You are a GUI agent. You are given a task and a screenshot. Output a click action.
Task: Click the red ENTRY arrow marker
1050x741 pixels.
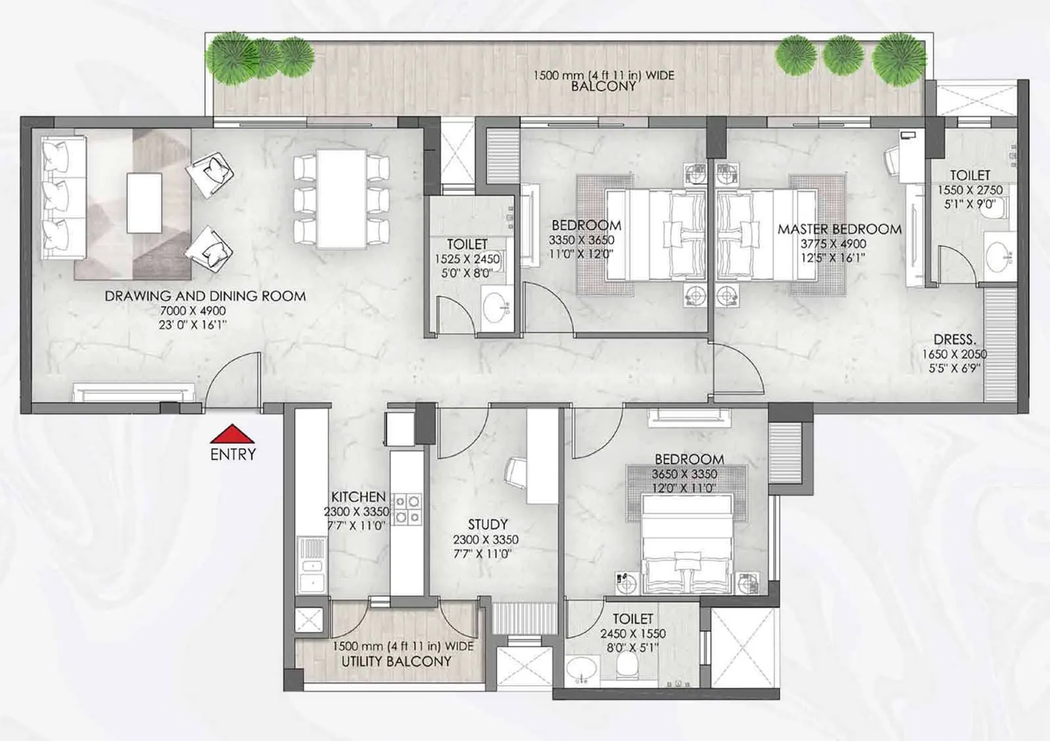coord(232,434)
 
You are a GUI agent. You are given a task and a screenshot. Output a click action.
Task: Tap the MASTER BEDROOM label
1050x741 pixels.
coord(839,229)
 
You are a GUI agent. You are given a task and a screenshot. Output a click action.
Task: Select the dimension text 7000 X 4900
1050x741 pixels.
coord(192,310)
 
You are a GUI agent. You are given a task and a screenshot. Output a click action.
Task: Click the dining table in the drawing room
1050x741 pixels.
coord(341,199)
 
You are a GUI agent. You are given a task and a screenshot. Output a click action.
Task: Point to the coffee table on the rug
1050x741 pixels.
coord(144,202)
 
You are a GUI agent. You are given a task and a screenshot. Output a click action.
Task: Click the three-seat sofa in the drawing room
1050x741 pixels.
coord(62,199)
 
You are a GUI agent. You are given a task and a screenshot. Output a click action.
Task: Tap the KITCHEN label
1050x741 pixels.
coord(358,497)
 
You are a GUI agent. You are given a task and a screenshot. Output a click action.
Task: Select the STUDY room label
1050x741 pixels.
coord(487,524)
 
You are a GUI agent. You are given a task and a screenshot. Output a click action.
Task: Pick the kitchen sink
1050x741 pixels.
coord(311,566)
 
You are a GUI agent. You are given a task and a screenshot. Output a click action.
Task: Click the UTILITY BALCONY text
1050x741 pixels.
coord(396,662)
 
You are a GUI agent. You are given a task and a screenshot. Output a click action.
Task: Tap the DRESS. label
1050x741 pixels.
coord(954,339)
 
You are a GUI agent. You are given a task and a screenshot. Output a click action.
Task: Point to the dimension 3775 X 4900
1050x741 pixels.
coord(833,243)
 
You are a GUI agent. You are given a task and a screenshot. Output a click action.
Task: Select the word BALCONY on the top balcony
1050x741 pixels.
coord(603,86)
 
